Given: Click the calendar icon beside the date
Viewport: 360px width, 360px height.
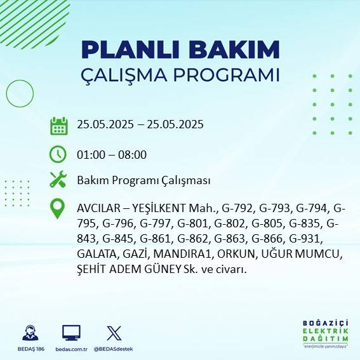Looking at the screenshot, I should pos(59,126).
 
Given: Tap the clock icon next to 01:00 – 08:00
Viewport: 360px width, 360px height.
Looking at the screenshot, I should pos(58,154).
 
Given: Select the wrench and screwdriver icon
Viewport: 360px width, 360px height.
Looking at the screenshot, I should pos(58,180).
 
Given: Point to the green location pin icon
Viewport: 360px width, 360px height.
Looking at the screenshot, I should pos(58,209).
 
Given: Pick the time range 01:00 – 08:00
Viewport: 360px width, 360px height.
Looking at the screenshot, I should pos(112,154).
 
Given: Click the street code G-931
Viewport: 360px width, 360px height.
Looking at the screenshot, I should pos(307,239).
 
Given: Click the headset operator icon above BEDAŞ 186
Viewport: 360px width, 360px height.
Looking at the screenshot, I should pos(29,333).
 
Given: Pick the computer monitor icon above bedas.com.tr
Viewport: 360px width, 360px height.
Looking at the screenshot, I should pos(71,333).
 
